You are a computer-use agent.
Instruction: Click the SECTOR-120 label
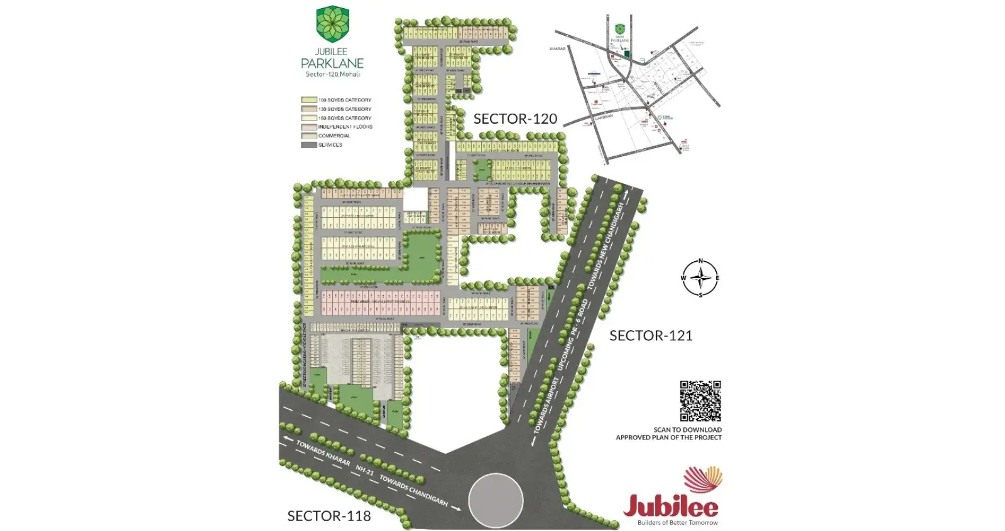click(x=515, y=119)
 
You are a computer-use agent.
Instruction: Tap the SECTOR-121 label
click(x=651, y=336)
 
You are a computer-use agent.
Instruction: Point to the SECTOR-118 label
click(x=329, y=516)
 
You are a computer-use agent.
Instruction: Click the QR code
click(x=700, y=400)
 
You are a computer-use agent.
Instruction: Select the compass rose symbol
click(x=700, y=277)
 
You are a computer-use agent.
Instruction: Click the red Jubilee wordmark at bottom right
click(x=671, y=505)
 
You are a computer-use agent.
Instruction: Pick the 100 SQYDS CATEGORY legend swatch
click(x=308, y=100)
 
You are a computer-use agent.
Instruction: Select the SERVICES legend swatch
click(x=308, y=145)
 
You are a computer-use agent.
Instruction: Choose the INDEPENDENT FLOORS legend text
click(x=345, y=127)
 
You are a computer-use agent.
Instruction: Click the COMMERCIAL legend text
click(x=334, y=136)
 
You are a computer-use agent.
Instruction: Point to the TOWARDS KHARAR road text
click(x=323, y=453)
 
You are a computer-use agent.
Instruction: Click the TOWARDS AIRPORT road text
click(x=546, y=405)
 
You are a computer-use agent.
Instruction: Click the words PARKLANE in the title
click(x=332, y=63)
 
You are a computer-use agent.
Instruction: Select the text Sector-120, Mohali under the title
click(x=332, y=75)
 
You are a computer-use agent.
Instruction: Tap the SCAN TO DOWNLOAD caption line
click(x=687, y=430)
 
